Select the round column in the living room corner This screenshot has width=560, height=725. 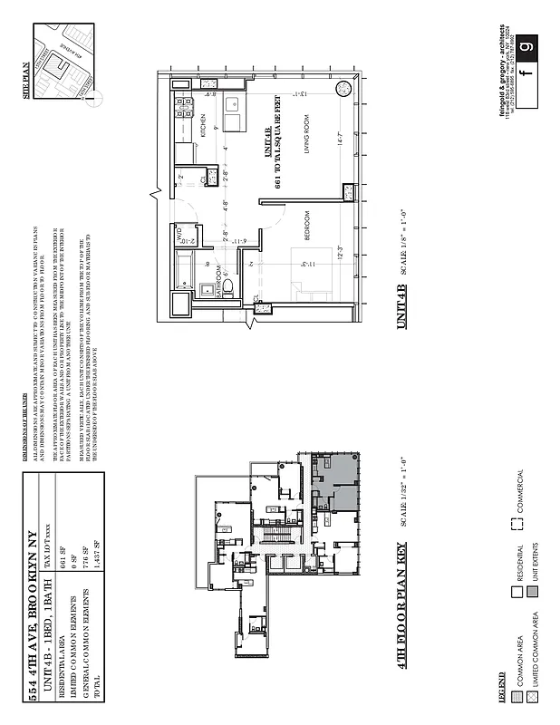point(343,88)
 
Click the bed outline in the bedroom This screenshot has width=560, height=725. point(311,272)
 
